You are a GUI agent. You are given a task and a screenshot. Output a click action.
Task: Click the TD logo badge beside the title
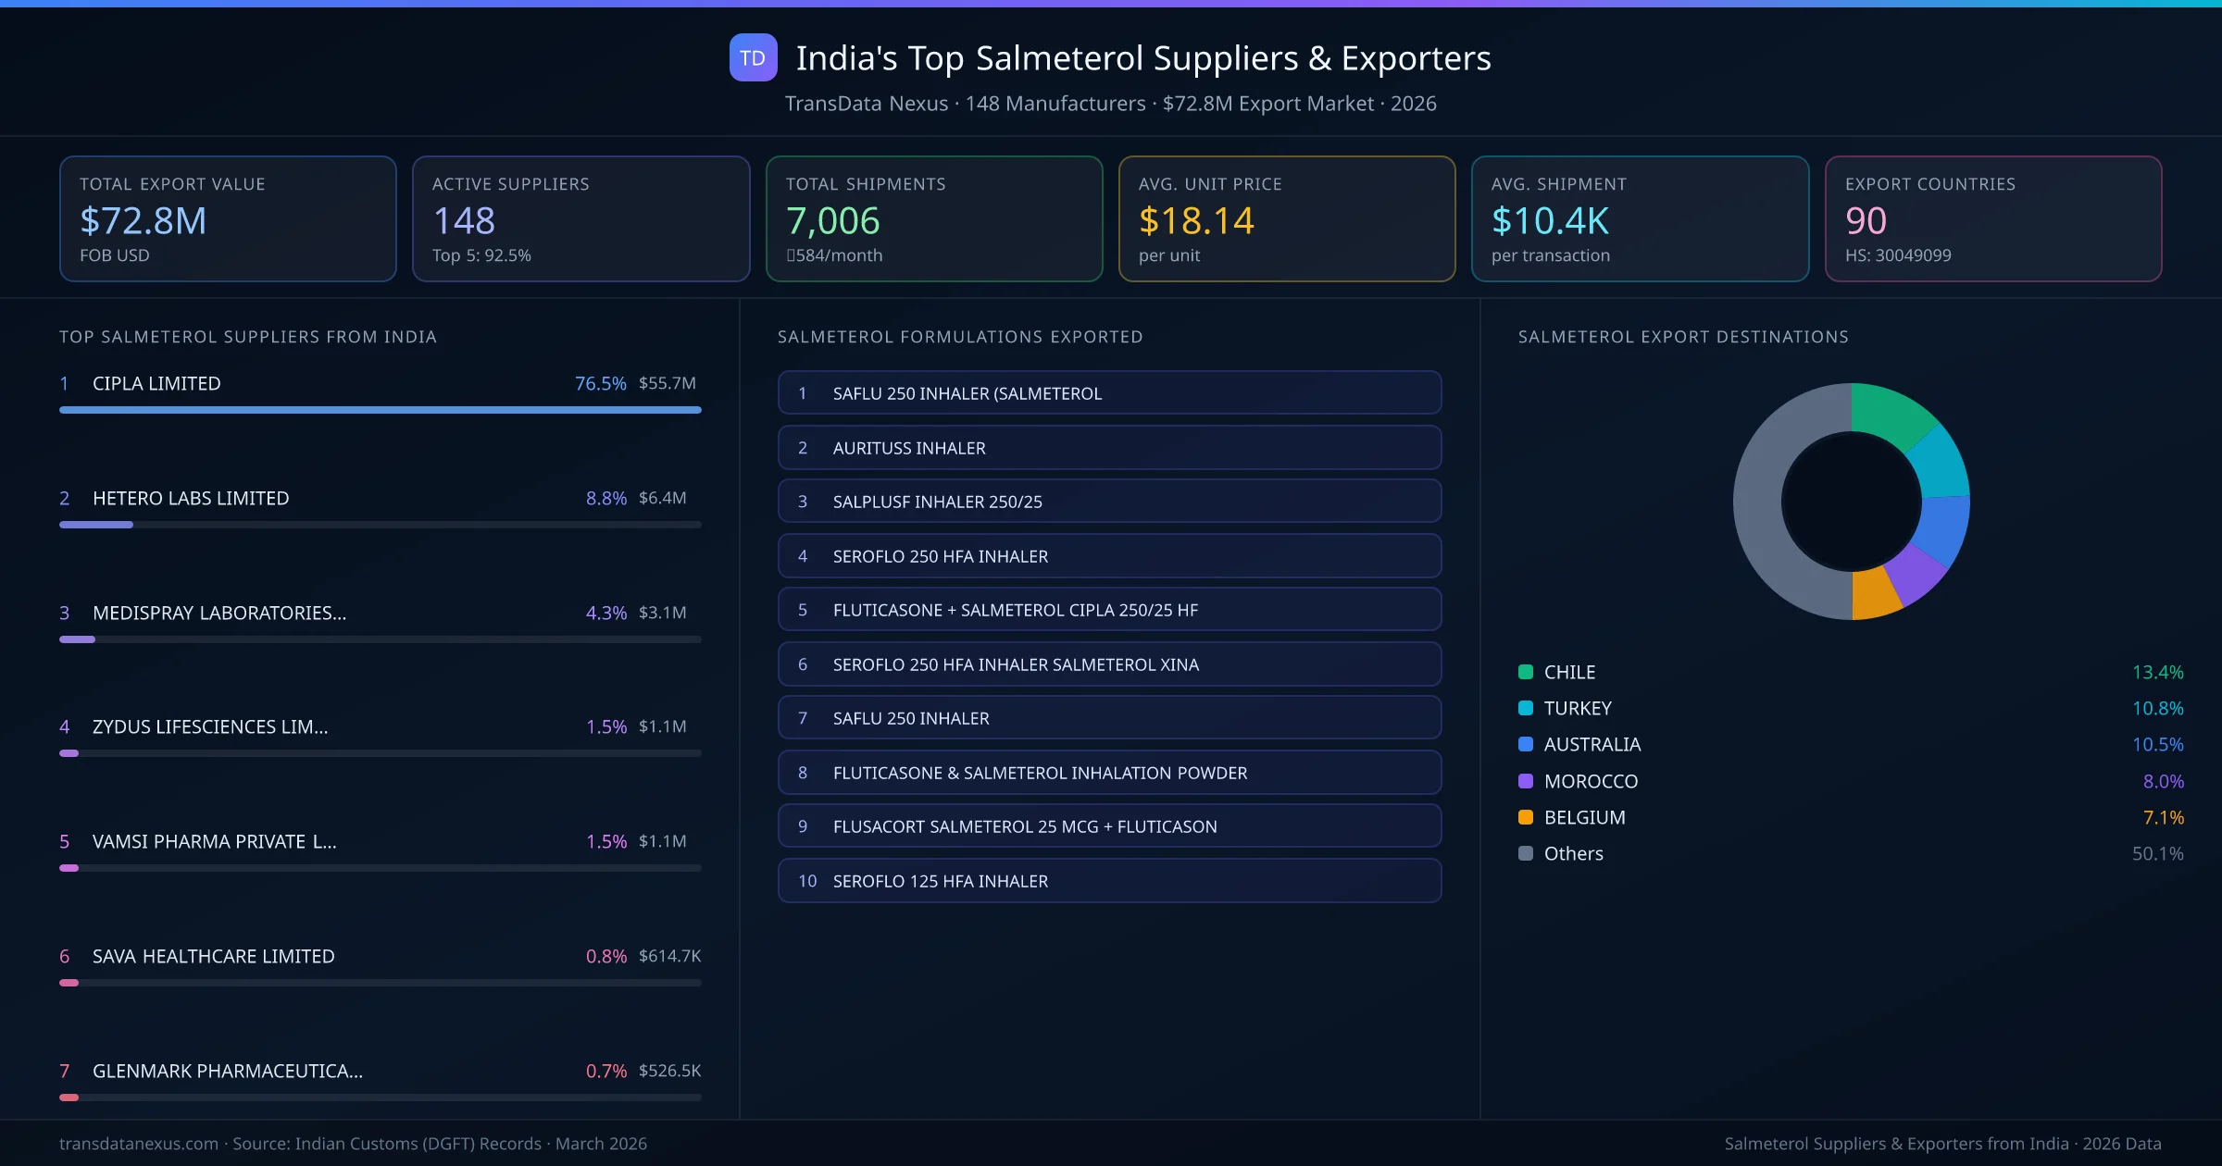(x=753, y=58)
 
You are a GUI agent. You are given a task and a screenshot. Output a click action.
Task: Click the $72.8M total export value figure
(x=144, y=220)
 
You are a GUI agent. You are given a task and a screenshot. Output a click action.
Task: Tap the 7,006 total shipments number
(x=832, y=220)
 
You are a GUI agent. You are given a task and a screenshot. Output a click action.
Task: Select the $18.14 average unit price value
(x=1195, y=220)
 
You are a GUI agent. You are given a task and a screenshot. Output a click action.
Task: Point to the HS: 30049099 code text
(x=1897, y=255)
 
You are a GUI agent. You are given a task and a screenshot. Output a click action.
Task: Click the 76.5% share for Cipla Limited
(x=600, y=383)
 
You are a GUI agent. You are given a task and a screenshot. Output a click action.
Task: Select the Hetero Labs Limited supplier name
(x=191, y=498)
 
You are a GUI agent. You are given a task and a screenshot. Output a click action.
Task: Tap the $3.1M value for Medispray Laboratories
(x=662, y=613)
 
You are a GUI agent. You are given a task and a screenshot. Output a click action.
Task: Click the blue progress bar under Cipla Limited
(x=380, y=410)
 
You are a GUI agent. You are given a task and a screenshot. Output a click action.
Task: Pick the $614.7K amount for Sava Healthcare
(x=669, y=956)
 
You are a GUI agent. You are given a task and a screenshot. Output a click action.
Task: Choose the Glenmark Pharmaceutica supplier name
(x=228, y=1071)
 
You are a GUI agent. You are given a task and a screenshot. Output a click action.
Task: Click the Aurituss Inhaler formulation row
(x=1109, y=448)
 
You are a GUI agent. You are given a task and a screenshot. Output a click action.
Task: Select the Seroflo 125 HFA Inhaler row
(x=1109, y=881)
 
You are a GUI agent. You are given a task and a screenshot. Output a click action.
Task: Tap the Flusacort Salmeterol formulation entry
(x=1109, y=826)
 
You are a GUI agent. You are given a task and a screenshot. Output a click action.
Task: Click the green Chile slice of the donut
(x=1891, y=415)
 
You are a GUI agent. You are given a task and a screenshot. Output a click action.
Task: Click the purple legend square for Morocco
(x=1526, y=781)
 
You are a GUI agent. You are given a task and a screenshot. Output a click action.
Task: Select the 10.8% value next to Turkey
(x=2157, y=709)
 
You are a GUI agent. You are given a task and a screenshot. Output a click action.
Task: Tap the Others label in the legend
(x=1573, y=853)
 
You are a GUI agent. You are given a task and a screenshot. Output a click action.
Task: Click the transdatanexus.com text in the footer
(x=139, y=1144)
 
